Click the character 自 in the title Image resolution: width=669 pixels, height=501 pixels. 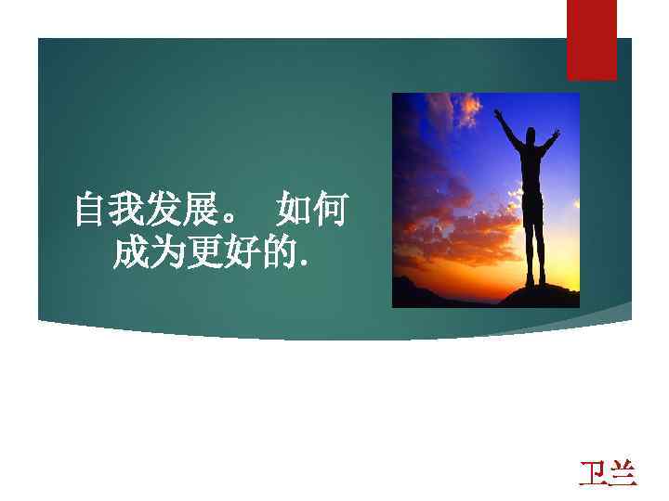point(91,211)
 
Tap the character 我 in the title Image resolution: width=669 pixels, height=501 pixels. point(127,211)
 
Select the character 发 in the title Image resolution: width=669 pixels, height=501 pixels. point(164,211)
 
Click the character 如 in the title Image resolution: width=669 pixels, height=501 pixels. point(295,211)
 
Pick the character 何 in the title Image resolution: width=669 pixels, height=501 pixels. point(331,211)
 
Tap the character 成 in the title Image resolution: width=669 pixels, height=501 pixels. point(129,251)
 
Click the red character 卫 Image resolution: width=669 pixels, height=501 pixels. point(594,472)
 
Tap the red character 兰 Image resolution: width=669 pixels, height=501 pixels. point(623,472)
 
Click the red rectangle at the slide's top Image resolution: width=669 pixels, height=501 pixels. point(592,39)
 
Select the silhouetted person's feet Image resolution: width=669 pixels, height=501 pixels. point(535,281)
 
